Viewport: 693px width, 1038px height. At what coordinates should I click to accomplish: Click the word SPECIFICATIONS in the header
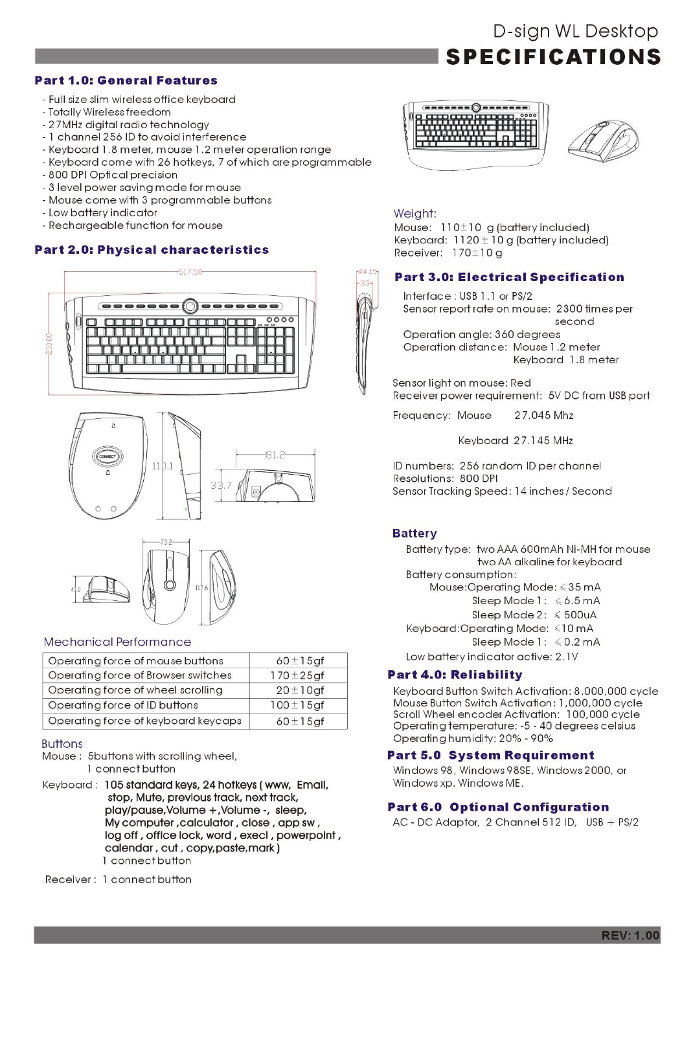coord(554,57)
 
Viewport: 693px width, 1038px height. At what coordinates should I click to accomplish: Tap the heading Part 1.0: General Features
coord(126,80)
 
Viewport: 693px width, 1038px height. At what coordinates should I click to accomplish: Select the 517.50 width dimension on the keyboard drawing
coord(190,271)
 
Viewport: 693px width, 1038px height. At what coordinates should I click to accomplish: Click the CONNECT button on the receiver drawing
coord(108,457)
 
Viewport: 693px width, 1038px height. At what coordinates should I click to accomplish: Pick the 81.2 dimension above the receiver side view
coord(275,455)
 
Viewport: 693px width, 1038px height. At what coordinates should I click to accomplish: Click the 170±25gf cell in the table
coord(297,675)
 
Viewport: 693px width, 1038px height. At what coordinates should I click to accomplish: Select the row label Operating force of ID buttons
coord(123,705)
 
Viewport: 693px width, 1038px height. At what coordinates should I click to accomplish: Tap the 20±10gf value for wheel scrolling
coord(299,690)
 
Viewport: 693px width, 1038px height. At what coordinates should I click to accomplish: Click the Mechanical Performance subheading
coord(117,642)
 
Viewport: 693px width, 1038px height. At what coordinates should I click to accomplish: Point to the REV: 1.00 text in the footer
coord(630,935)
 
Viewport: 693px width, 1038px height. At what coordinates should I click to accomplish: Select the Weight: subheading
coord(415,214)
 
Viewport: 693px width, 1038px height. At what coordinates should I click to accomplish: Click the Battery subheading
coord(415,534)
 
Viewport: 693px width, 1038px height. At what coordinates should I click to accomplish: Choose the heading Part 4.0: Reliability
coord(455,675)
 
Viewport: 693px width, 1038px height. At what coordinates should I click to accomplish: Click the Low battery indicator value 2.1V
coord(567,657)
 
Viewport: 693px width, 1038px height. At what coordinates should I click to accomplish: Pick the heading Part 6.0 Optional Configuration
coord(498,807)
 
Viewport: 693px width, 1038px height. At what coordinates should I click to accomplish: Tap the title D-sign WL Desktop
coord(575,31)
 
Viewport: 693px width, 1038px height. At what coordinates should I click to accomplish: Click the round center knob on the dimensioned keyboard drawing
coord(190,306)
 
